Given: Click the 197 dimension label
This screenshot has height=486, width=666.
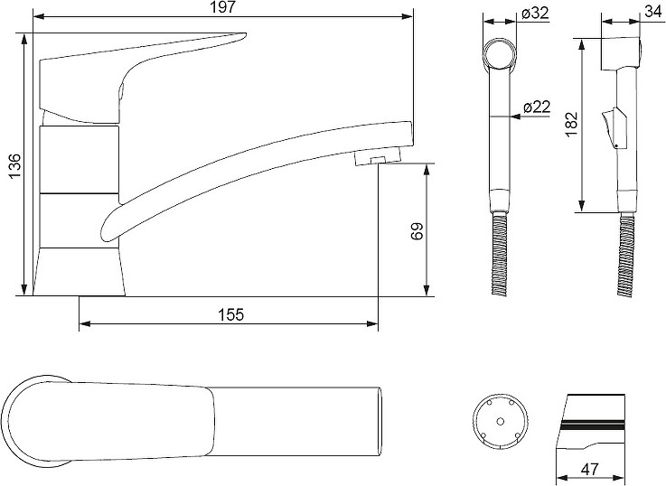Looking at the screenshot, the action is click(x=223, y=7).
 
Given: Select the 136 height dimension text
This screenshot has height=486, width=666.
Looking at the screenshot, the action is click(x=14, y=166).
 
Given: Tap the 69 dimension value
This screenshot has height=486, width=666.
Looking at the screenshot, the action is click(x=417, y=231).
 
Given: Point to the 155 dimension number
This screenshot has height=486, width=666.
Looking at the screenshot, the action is click(x=231, y=314).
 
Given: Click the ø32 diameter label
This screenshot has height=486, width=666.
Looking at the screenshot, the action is click(x=535, y=14).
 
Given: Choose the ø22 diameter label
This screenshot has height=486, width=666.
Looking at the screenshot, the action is click(x=537, y=107).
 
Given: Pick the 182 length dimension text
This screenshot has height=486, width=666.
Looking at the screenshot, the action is click(x=572, y=123).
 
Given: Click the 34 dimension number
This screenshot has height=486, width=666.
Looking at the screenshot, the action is click(x=653, y=12).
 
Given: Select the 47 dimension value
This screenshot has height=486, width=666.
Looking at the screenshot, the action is click(x=589, y=469).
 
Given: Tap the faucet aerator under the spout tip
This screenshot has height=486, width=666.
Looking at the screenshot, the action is click(x=377, y=156).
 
